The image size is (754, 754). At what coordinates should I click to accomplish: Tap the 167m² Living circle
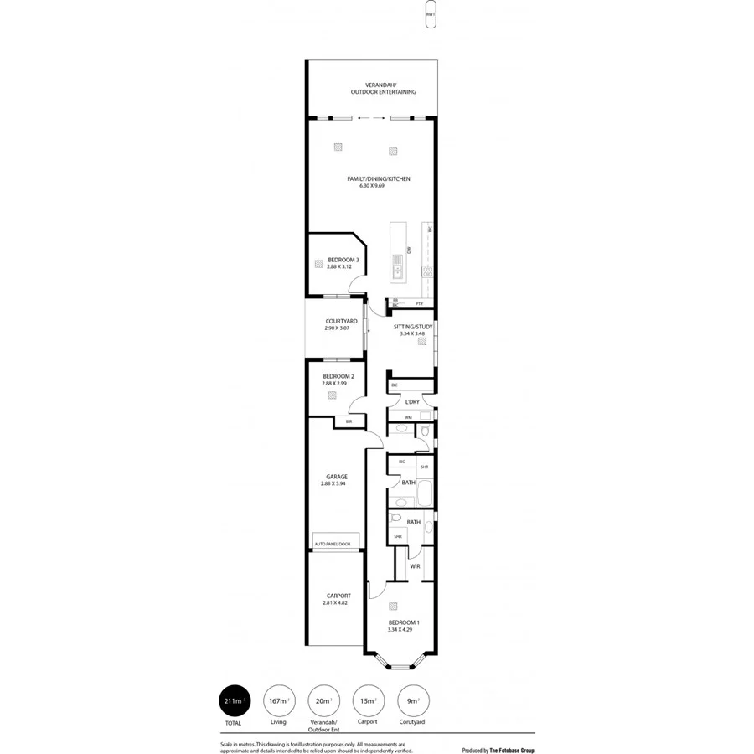tap(278, 700)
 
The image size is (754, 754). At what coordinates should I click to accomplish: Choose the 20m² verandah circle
tap(323, 700)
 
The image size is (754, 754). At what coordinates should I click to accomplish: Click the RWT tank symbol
tap(430, 15)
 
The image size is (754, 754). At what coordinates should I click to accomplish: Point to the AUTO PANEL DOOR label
tap(333, 545)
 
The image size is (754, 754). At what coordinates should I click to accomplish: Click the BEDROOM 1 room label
tap(404, 622)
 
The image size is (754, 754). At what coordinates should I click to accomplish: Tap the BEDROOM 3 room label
tap(343, 260)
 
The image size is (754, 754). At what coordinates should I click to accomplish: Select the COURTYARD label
tap(342, 321)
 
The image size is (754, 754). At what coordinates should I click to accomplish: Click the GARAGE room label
tap(337, 477)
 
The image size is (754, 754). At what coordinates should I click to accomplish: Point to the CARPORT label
tap(337, 596)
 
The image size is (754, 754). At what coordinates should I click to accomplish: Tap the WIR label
tap(415, 566)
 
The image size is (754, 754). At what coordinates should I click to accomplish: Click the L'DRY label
tap(411, 402)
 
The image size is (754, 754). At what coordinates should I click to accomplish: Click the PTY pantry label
tap(419, 303)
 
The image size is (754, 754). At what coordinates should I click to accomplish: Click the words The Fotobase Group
tap(512, 727)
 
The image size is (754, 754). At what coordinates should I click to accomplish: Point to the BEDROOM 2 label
tap(338, 376)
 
